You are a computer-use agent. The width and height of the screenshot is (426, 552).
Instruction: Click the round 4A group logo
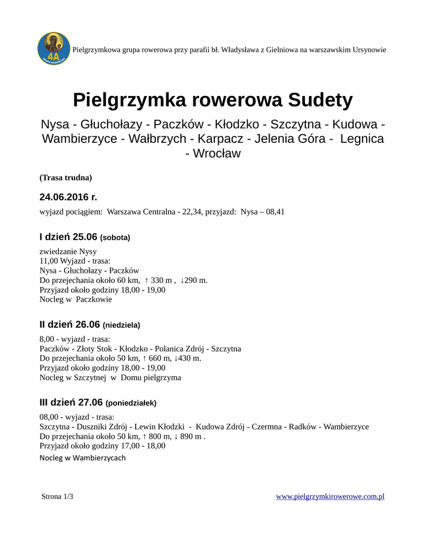[x=54, y=49]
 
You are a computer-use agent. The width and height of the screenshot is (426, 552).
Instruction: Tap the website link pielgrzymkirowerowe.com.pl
[x=330, y=496]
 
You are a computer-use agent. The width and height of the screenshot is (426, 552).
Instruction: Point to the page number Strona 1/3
[x=57, y=496]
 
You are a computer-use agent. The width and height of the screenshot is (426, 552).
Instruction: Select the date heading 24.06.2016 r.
[x=68, y=197]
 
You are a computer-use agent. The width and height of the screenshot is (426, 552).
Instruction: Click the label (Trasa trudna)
[x=66, y=177]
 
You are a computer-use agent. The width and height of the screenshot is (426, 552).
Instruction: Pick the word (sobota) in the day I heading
[x=115, y=237]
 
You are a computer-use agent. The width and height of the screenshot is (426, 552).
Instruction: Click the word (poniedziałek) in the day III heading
[x=131, y=403]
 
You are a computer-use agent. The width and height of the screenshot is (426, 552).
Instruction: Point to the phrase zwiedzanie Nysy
[x=68, y=251]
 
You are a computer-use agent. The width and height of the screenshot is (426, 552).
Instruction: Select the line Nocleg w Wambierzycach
[x=82, y=458]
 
